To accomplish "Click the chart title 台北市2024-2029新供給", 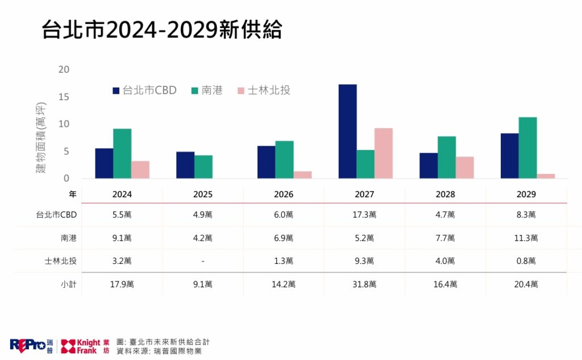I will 161,31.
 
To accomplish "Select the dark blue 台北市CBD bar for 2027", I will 347,131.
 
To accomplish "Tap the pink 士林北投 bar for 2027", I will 383,153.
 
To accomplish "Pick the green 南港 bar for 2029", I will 527,148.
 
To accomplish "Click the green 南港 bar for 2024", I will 122,154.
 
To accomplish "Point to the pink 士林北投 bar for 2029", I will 546,176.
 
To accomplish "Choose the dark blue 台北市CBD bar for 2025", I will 185,165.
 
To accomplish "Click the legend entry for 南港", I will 207,90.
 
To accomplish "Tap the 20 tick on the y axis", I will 64,69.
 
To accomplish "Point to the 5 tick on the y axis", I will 66,151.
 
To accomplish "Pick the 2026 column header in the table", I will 284,195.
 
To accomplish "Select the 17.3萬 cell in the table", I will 364,215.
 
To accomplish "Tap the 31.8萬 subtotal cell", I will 364,284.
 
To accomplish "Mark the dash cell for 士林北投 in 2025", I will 203,261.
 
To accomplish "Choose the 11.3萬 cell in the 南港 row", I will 526,238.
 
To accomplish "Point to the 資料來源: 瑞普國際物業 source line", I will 159,351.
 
